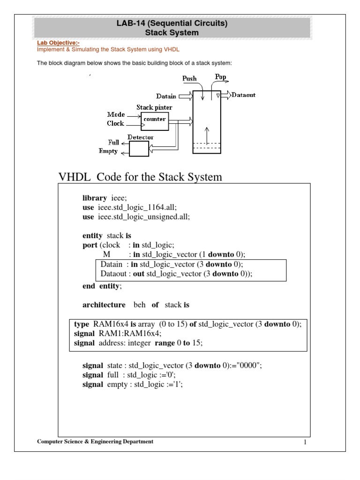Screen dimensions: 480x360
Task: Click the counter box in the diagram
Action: click(x=154, y=120)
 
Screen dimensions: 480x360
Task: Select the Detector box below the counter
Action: click(x=138, y=149)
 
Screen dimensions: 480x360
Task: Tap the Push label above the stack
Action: click(x=190, y=79)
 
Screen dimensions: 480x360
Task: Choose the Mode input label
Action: click(x=116, y=114)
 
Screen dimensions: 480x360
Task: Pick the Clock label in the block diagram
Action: click(x=115, y=124)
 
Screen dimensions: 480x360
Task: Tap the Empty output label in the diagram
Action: click(x=108, y=151)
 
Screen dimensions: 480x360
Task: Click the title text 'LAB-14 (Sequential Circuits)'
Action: click(x=172, y=24)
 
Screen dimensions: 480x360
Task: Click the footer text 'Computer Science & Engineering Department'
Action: click(x=95, y=442)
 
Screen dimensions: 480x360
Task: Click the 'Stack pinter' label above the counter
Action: click(x=151, y=107)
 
